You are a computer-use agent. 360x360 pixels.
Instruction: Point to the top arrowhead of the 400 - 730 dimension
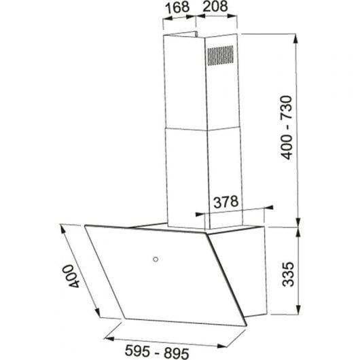[297, 33]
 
